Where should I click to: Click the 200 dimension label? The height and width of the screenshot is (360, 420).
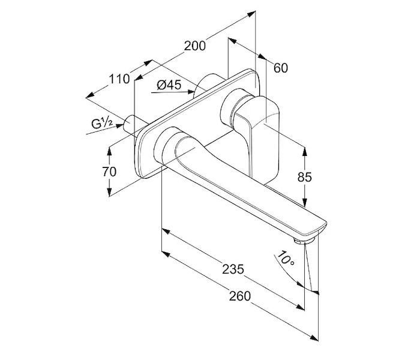(195, 46)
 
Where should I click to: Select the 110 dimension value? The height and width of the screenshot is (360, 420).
(119, 79)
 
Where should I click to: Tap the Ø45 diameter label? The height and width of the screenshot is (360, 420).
(169, 85)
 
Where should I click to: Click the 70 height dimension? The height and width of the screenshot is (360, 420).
(109, 171)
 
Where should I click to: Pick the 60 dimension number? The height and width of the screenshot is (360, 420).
(281, 67)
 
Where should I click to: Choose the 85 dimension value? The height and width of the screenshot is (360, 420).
(306, 178)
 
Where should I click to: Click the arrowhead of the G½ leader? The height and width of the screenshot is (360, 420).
(124, 124)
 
